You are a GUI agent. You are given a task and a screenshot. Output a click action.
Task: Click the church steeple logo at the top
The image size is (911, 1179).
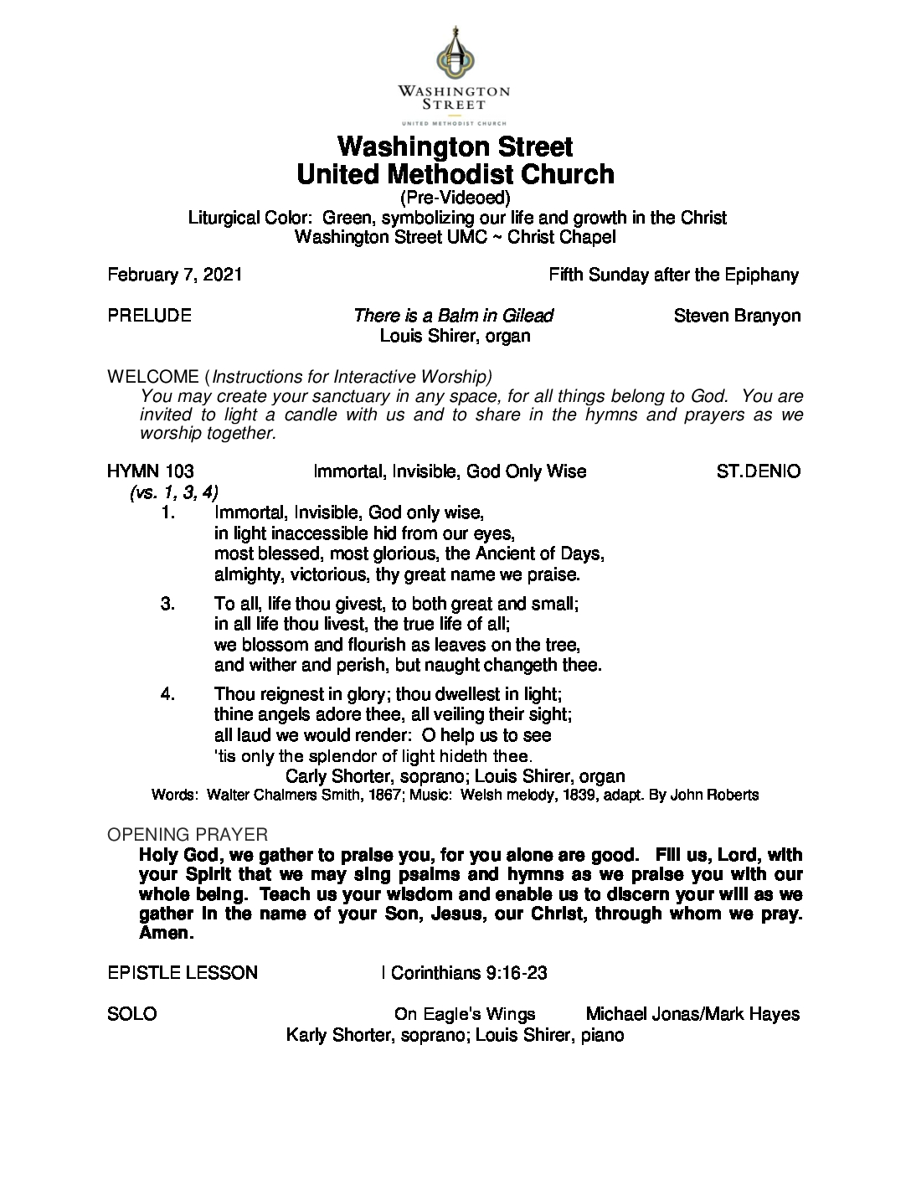pyautogui.click(x=455, y=53)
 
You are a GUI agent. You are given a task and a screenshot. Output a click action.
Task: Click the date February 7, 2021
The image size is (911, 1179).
pyautogui.click(x=174, y=275)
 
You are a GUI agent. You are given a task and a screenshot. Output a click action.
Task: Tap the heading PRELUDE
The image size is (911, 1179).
pyautogui.click(x=149, y=316)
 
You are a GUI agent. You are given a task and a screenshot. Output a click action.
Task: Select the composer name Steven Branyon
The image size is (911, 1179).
pyautogui.click(x=737, y=316)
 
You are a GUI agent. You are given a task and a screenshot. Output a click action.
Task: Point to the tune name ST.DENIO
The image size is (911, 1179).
pyautogui.click(x=759, y=471)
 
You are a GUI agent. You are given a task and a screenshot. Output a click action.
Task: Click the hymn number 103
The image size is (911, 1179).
pyautogui.click(x=180, y=471)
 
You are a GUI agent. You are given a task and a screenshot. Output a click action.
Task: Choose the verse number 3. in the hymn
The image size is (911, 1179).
pyautogui.click(x=167, y=604)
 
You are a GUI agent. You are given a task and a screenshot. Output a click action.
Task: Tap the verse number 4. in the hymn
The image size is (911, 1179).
pyautogui.click(x=167, y=694)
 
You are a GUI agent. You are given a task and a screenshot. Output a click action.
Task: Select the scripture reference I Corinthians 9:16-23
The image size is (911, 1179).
pyautogui.click(x=464, y=973)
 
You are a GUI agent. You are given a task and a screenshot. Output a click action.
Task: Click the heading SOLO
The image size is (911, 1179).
pyautogui.click(x=132, y=1015)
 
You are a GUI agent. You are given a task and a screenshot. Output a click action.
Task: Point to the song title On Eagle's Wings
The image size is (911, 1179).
pyautogui.click(x=465, y=1015)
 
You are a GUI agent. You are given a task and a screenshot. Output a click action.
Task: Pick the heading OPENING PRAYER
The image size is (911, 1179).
pyautogui.click(x=188, y=835)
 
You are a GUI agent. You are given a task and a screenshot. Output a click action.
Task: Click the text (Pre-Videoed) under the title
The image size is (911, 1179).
pyautogui.click(x=455, y=198)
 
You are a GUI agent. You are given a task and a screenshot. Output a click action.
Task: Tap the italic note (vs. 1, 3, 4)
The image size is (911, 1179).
pyautogui.click(x=174, y=492)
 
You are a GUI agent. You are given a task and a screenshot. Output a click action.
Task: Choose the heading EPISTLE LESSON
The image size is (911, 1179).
pyautogui.click(x=183, y=973)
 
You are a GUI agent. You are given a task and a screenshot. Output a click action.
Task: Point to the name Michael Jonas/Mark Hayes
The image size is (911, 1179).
pyautogui.click(x=692, y=1015)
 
